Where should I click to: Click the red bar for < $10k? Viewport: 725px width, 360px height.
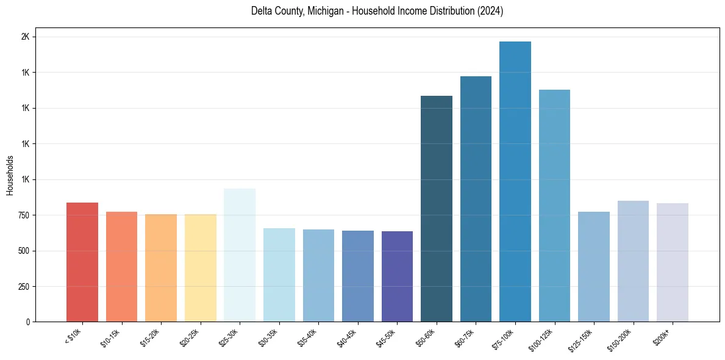click(x=82, y=262)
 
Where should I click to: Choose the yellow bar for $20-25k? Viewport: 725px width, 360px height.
click(x=201, y=268)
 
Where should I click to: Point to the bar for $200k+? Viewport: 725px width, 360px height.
click(x=673, y=262)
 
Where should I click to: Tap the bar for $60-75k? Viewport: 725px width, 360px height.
click(x=476, y=199)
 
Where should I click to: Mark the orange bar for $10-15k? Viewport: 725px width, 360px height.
click(x=121, y=267)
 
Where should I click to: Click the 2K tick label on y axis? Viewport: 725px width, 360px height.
click(x=25, y=37)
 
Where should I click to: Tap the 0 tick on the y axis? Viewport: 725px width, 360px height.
click(x=27, y=322)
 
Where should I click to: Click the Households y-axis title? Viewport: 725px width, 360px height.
click(x=10, y=175)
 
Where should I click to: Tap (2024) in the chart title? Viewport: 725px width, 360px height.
click(x=490, y=12)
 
